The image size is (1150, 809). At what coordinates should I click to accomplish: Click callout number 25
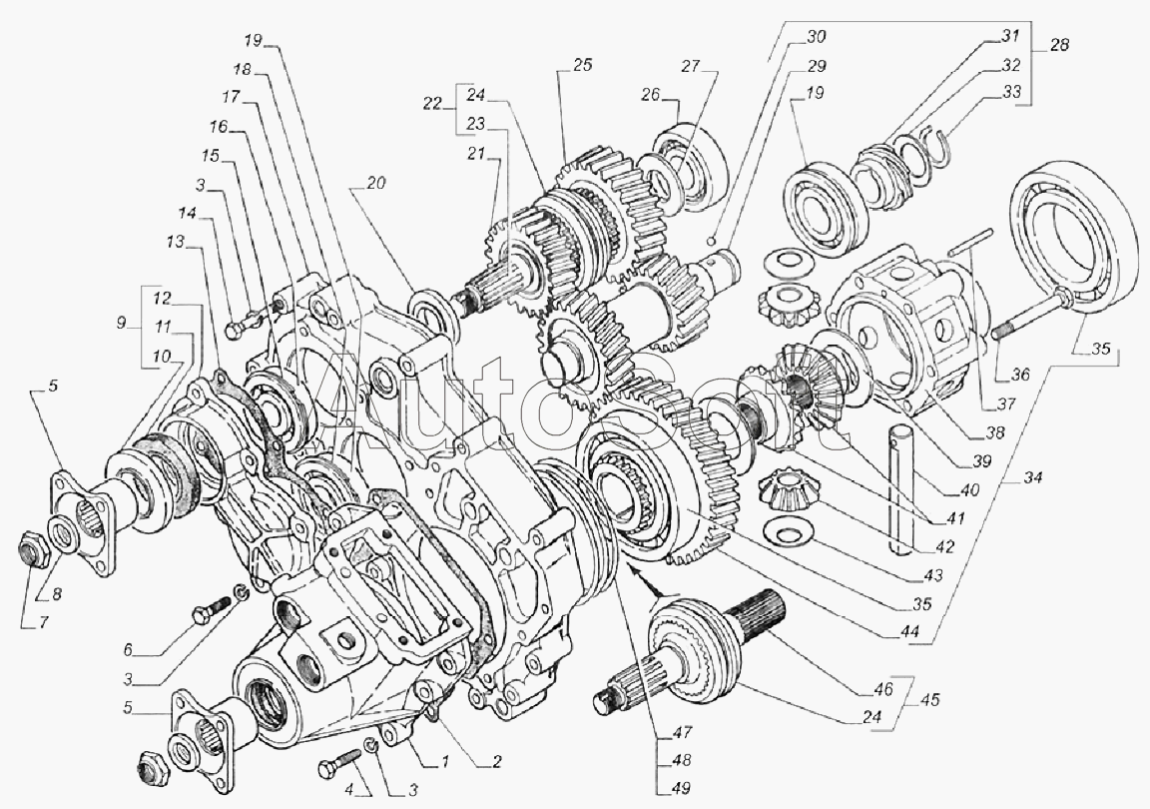pos(581,66)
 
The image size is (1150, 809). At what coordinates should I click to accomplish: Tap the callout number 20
pos(376,183)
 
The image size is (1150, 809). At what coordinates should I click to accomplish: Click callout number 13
pos(176,243)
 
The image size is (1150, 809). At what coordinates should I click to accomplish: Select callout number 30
pos(817,36)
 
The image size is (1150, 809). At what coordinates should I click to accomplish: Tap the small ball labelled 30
pos(708,241)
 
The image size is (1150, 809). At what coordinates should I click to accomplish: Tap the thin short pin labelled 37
pos(968,240)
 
